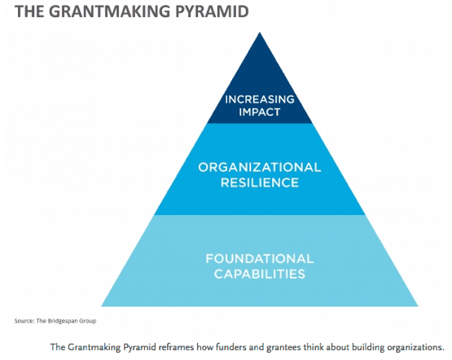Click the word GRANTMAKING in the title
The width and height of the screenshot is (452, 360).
click(110, 11)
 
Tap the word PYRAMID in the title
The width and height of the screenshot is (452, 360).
click(212, 11)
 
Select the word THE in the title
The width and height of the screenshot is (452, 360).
click(29, 11)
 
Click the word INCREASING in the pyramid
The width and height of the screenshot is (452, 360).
click(260, 99)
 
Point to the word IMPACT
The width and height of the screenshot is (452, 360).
click(260, 112)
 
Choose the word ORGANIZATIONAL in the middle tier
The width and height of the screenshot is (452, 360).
click(260, 168)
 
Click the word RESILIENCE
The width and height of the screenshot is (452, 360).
click(260, 182)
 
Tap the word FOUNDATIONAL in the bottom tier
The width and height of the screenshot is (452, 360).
click(260, 258)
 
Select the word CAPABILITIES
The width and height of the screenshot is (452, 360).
click(260, 274)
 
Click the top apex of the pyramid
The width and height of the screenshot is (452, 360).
click(260, 33)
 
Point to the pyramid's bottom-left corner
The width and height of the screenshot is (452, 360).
click(102, 306)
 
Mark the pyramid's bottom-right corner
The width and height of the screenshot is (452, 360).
click(418, 306)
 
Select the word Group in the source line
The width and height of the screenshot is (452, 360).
click(88, 321)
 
